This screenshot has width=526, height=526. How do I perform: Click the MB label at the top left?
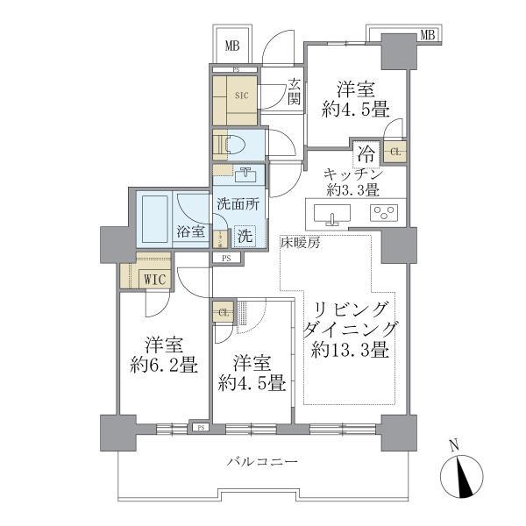click(231, 46)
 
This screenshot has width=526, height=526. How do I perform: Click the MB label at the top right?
click(427, 35)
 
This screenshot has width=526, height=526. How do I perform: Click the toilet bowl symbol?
click(236, 143)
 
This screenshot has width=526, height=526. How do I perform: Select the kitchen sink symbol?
click(331, 212)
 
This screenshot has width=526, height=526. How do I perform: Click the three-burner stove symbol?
click(383, 212)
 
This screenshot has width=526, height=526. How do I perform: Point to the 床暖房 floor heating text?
click(301, 242)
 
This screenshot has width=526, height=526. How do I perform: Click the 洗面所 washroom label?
click(238, 203)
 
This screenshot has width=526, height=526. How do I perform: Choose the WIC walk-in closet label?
click(154, 280)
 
